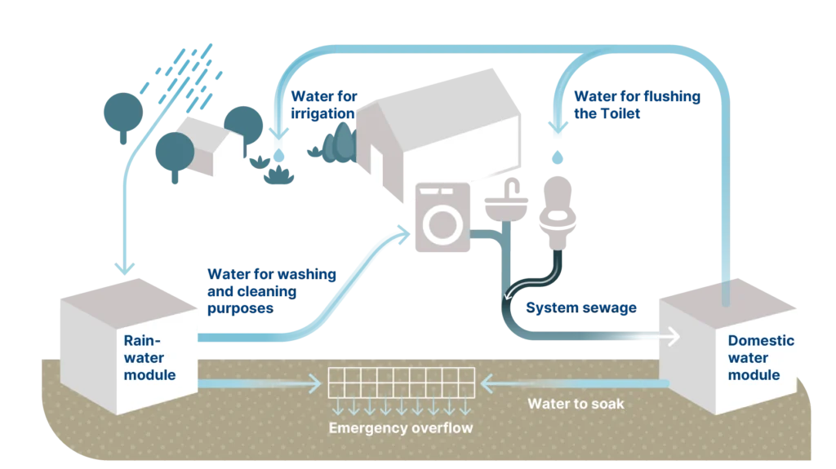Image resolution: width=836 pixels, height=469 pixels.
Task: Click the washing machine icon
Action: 442,217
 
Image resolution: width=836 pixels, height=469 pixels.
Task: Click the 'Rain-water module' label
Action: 149,357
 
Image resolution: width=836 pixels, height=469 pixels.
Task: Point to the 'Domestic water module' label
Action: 761,357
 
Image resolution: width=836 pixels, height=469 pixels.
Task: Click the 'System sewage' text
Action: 581,308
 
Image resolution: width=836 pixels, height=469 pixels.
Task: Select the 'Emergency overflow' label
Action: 400,428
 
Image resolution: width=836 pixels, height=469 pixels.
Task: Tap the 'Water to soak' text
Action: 576,404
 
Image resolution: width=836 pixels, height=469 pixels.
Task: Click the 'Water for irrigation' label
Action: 323,104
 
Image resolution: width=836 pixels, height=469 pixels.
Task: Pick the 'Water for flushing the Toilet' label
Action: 637,104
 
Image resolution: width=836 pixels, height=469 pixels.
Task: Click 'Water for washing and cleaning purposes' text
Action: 271,291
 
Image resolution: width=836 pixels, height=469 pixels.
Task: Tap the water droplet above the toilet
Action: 558,157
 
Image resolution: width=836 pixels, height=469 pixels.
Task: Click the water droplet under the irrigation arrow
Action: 279,155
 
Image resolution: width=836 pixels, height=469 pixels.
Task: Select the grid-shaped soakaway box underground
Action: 401,383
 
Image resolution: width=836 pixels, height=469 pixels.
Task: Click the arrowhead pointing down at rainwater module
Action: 124,268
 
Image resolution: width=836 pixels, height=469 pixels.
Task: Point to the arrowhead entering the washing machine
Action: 403,233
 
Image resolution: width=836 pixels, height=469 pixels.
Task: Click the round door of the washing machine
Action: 442,225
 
